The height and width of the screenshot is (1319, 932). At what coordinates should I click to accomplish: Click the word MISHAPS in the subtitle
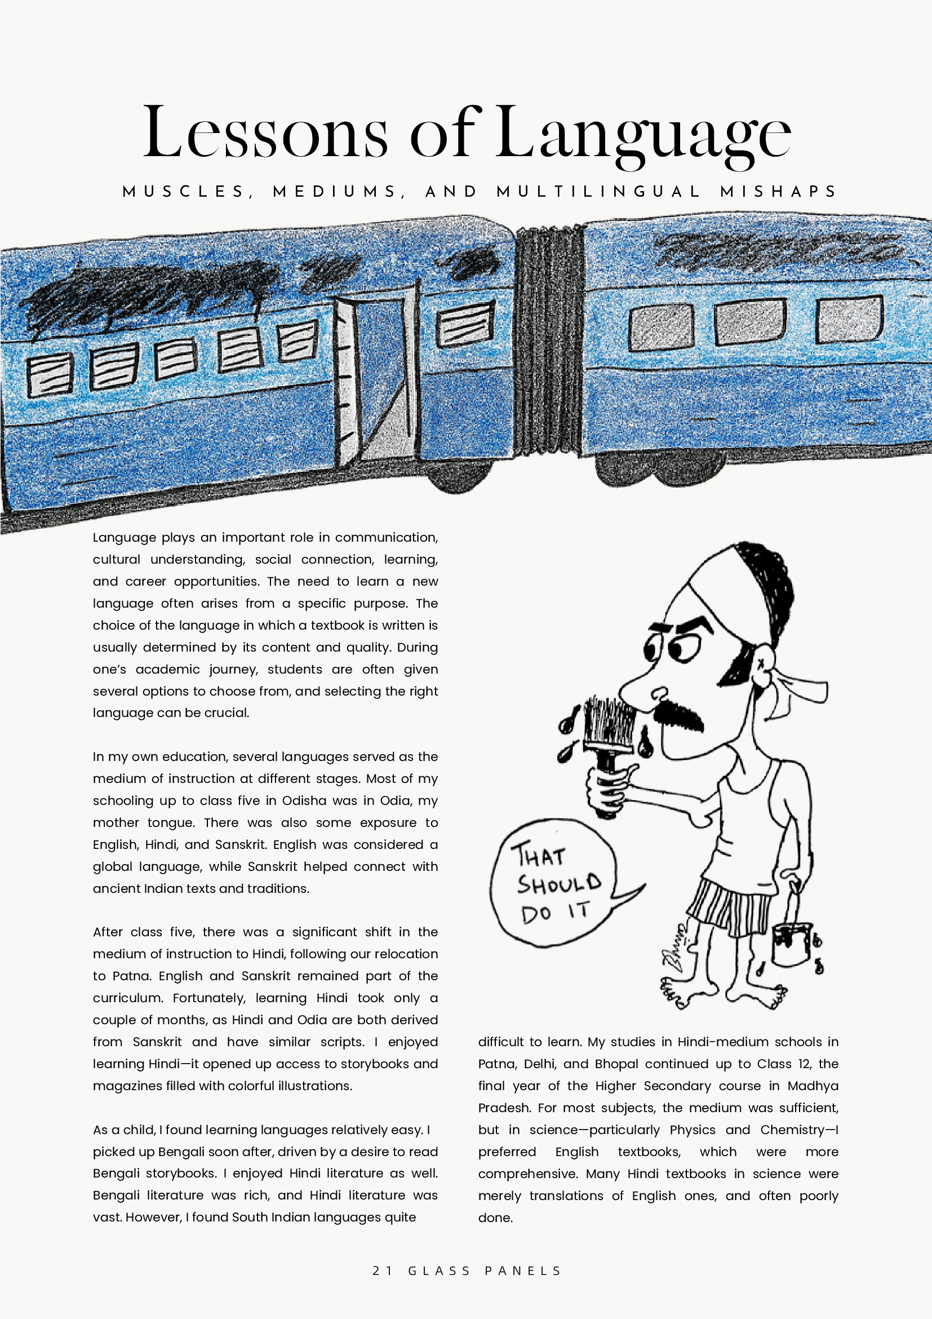778,191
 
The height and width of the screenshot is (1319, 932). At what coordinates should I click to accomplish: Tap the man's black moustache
678,715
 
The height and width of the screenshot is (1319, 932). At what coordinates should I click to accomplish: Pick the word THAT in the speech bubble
539,856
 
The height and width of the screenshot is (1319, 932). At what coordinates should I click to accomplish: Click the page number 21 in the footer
382,1271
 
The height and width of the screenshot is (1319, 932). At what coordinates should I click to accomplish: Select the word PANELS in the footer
522,1271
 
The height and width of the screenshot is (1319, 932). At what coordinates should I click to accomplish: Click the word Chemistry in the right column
792,1130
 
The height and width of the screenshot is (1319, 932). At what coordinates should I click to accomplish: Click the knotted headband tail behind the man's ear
801,692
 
